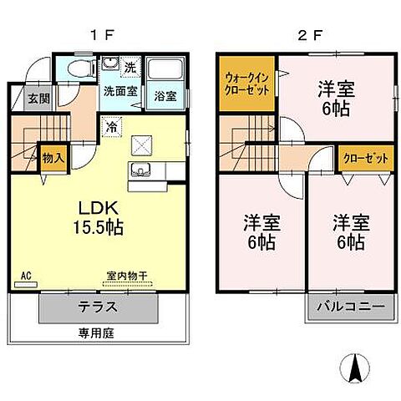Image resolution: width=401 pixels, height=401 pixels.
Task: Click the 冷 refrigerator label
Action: (111, 127)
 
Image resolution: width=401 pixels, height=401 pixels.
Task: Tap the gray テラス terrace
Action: (99, 307)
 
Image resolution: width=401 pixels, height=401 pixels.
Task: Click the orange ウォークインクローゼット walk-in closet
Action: (246, 84)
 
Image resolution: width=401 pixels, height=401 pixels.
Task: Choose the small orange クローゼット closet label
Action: (358, 157)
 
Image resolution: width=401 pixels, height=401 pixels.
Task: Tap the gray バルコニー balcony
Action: (351, 307)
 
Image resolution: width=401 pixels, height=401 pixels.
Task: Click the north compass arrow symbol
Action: (353, 366)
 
